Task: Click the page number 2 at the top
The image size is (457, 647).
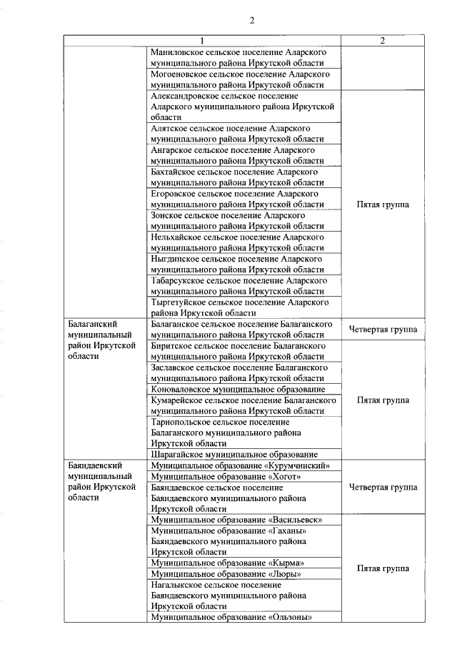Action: pos(252,20)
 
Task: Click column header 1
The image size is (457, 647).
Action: pos(202,41)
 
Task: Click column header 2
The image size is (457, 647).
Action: pos(383,41)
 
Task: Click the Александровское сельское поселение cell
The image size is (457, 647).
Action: pos(243,106)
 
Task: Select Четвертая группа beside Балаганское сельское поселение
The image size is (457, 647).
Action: pos(383,330)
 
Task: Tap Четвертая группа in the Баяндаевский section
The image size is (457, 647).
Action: pos(383,488)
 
